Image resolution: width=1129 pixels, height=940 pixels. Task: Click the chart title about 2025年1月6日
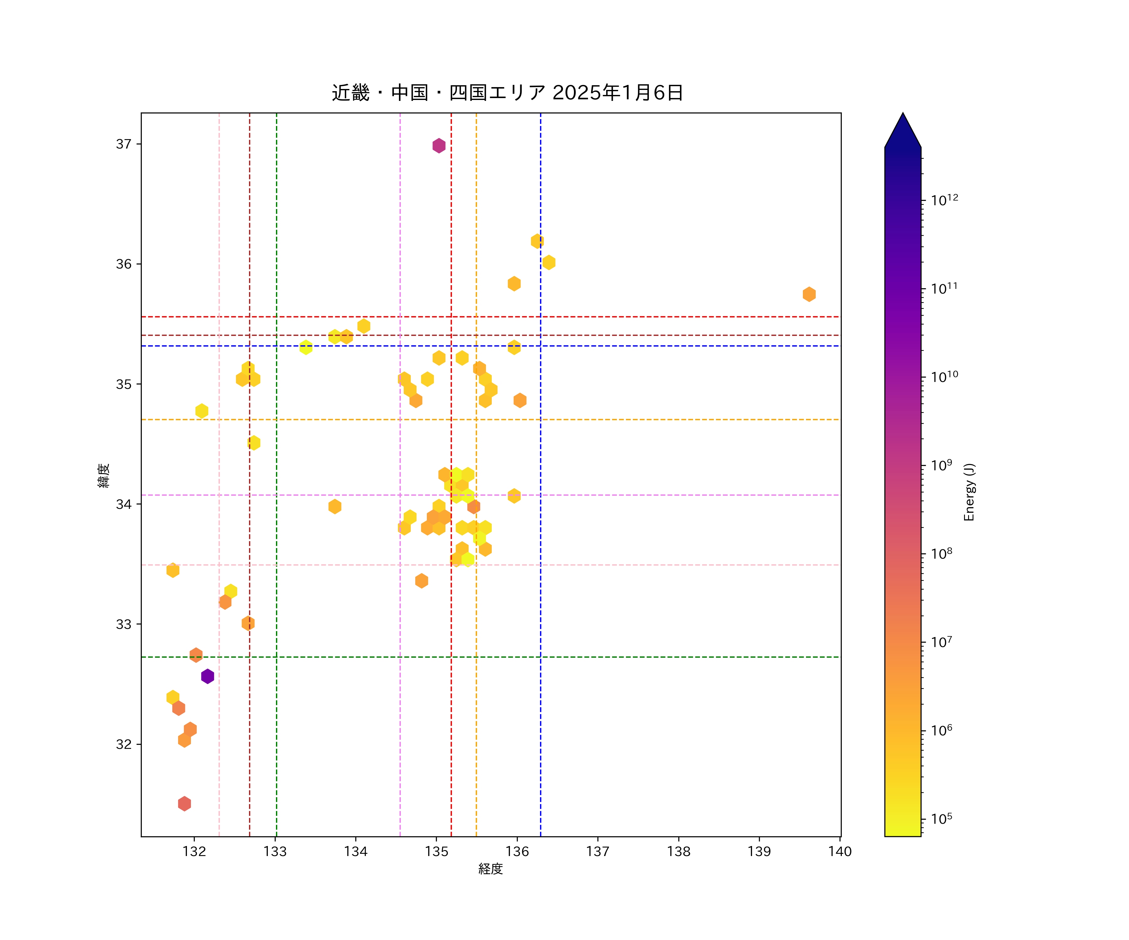(x=507, y=92)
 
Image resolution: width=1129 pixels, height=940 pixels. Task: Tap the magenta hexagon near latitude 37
(x=439, y=146)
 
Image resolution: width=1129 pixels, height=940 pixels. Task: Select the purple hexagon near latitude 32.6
(x=208, y=676)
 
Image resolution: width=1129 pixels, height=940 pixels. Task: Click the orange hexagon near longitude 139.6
(x=809, y=294)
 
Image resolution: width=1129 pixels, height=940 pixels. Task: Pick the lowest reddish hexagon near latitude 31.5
(x=184, y=804)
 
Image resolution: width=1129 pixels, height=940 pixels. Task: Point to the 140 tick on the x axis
(x=840, y=851)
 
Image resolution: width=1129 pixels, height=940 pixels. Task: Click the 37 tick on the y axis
(x=124, y=144)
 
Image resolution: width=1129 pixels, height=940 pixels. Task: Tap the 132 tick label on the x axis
(x=194, y=851)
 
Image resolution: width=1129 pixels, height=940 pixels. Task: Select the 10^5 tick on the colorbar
(x=941, y=819)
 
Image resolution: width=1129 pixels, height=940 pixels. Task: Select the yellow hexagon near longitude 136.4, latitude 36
(x=549, y=263)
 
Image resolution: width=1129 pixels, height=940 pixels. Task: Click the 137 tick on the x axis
(x=598, y=851)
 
